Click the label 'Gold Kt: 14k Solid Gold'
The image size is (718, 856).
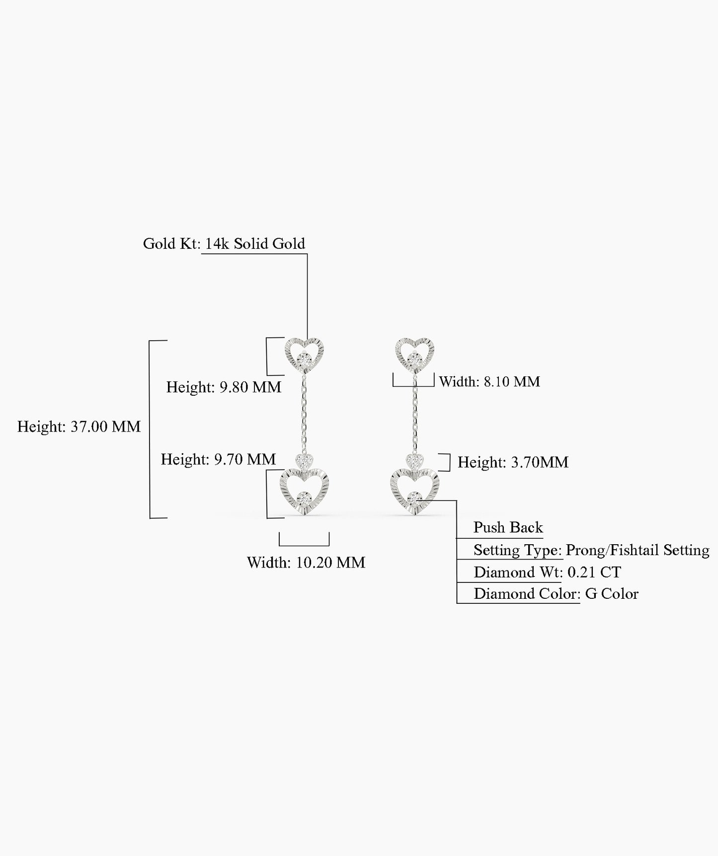pyautogui.click(x=224, y=244)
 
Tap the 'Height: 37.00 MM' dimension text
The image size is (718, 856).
pyautogui.click(x=79, y=427)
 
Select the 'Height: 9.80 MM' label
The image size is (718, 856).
pyautogui.click(x=224, y=387)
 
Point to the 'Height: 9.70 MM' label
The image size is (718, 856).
pyautogui.click(x=218, y=459)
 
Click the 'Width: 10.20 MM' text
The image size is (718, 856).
pyautogui.click(x=306, y=563)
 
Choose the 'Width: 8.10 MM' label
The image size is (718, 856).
pyautogui.click(x=489, y=382)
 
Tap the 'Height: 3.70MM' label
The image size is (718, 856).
pyautogui.click(x=513, y=462)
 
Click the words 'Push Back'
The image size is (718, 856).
pyautogui.click(x=508, y=527)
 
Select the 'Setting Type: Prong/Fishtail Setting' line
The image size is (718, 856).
pyautogui.click(x=591, y=550)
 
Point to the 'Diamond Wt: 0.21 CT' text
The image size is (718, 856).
pyautogui.click(x=547, y=572)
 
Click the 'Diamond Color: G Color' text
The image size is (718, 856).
pyautogui.click(x=556, y=594)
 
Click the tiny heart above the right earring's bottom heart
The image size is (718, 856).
pyautogui.click(x=414, y=461)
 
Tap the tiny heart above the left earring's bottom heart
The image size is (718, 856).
pyautogui.click(x=304, y=461)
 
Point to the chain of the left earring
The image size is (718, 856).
pyautogui.click(x=303, y=415)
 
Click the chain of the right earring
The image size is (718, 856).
pyautogui.click(x=414, y=415)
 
